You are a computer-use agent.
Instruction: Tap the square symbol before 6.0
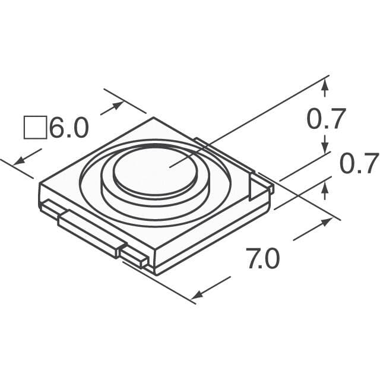click(x=34, y=128)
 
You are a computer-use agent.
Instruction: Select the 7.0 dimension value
click(x=263, y=259)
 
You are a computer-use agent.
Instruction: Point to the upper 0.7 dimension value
click(x=326, y=120)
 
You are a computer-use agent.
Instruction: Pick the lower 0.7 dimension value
click(x=359, y=163)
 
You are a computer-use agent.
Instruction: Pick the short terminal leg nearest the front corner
click(x=134, y=256)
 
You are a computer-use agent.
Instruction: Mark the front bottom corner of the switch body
click(x=155, y=272)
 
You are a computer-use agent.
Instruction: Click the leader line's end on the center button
click(x=170, y=167)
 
